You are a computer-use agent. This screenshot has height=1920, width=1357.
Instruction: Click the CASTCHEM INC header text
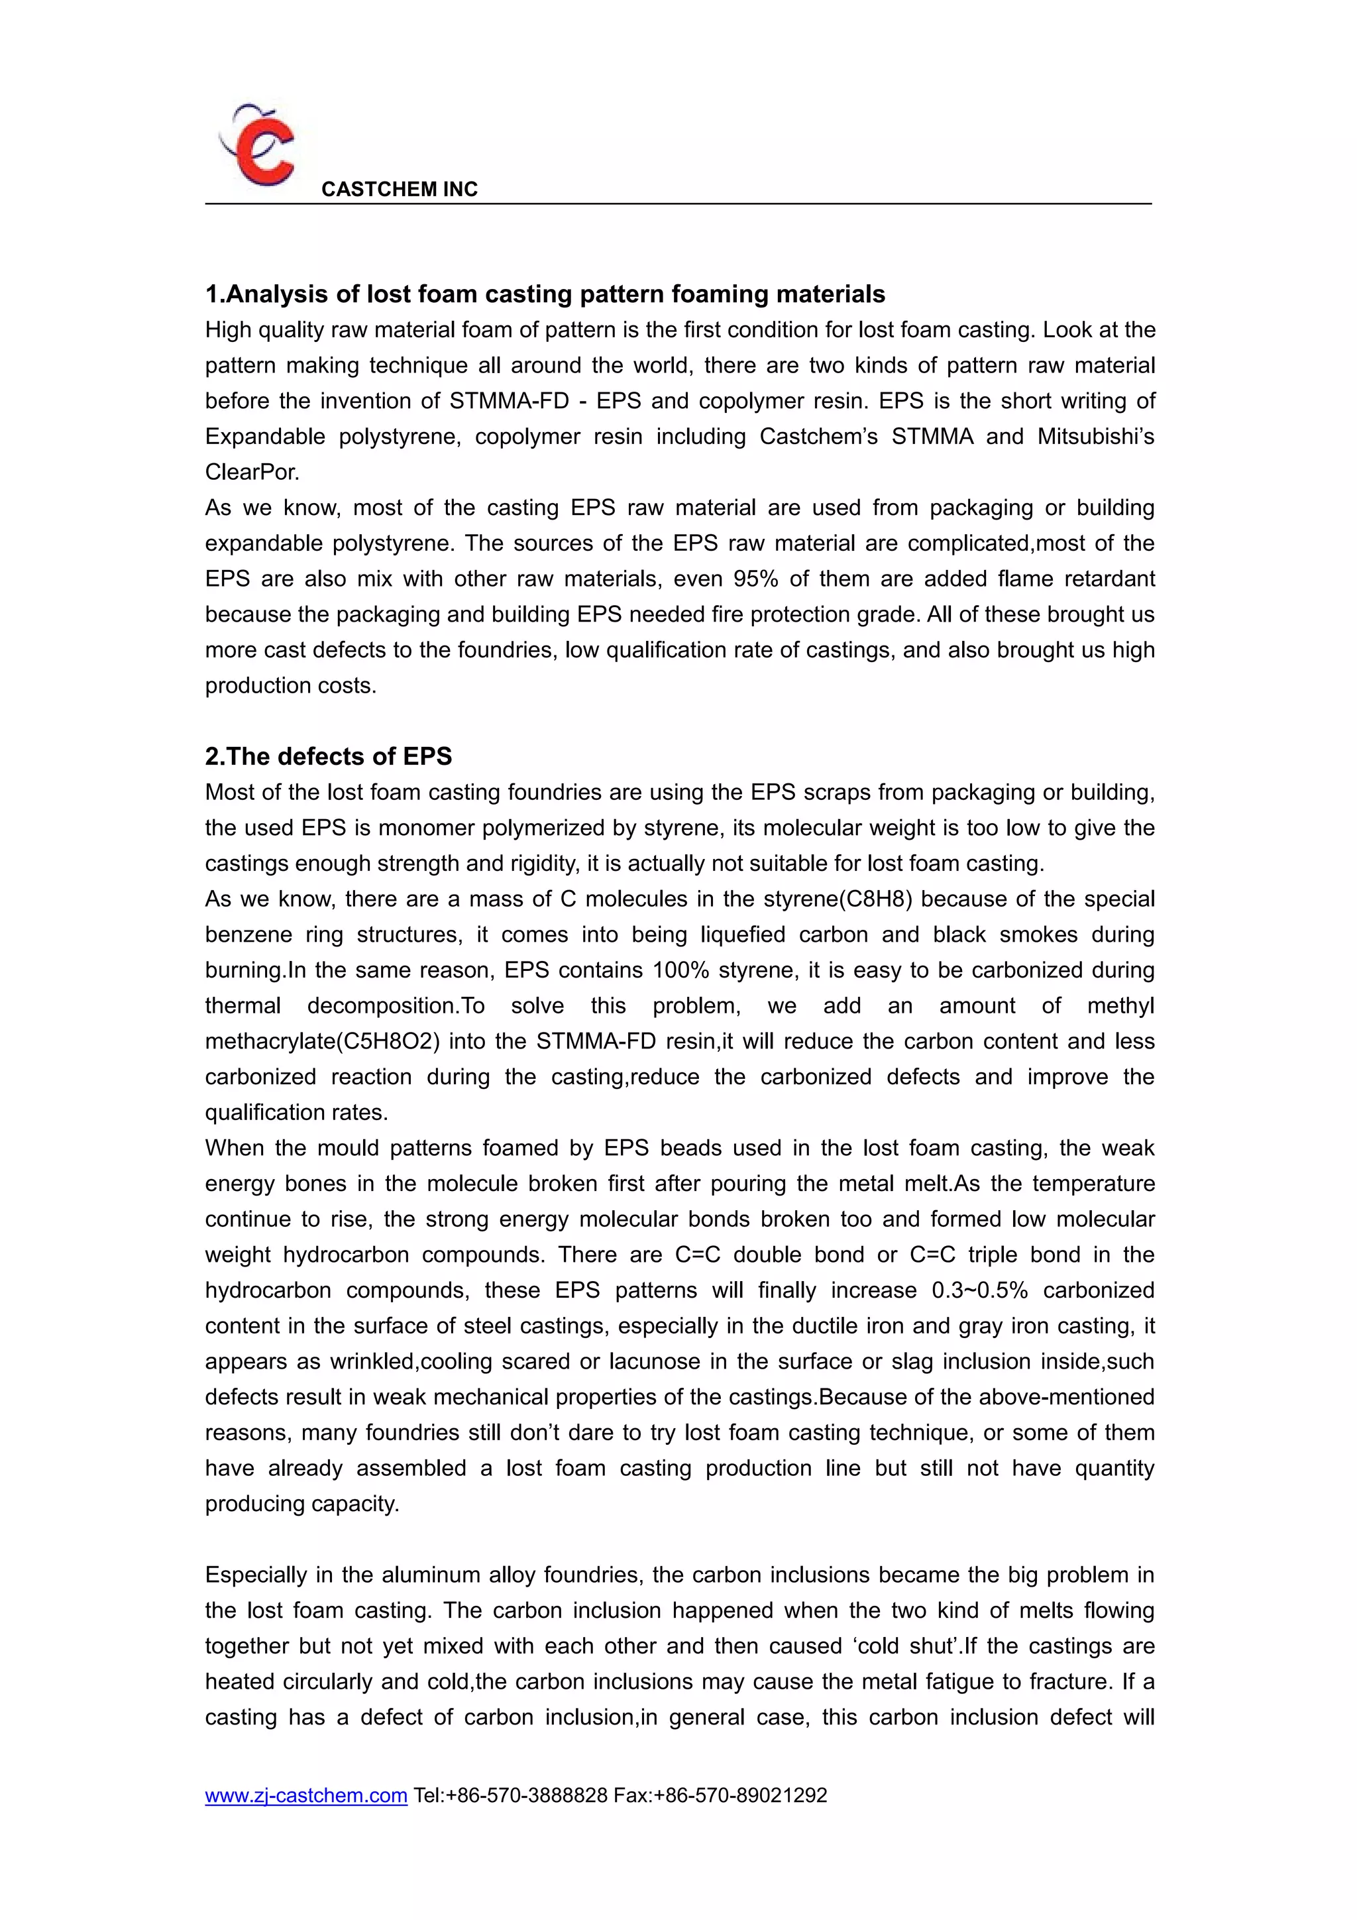click(x=399, y=190)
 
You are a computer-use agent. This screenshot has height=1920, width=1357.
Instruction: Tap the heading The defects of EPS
click(x=328, y=757)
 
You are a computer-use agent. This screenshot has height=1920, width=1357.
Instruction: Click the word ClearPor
click(x=252, y=473)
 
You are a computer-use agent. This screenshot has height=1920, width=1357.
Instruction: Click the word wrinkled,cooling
click(x=447, y=1362)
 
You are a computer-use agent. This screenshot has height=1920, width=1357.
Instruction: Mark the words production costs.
click(x=290, y=686)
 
